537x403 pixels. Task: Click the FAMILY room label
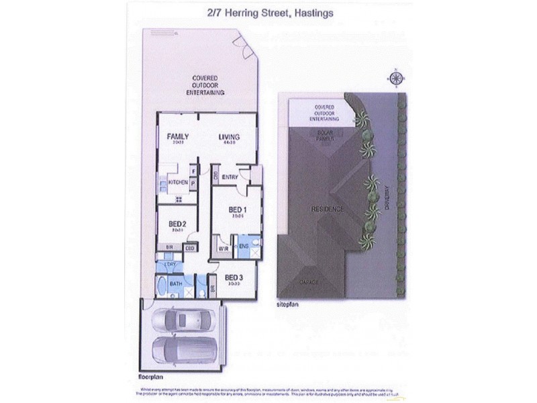tap(178, 136)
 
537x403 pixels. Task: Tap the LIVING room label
tap(229, 137)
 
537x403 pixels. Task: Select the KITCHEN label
tap(177, 182)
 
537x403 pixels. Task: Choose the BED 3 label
tap(233, 277)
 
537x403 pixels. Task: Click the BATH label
tap(177, 285)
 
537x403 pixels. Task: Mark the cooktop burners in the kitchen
tap(179, 199)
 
